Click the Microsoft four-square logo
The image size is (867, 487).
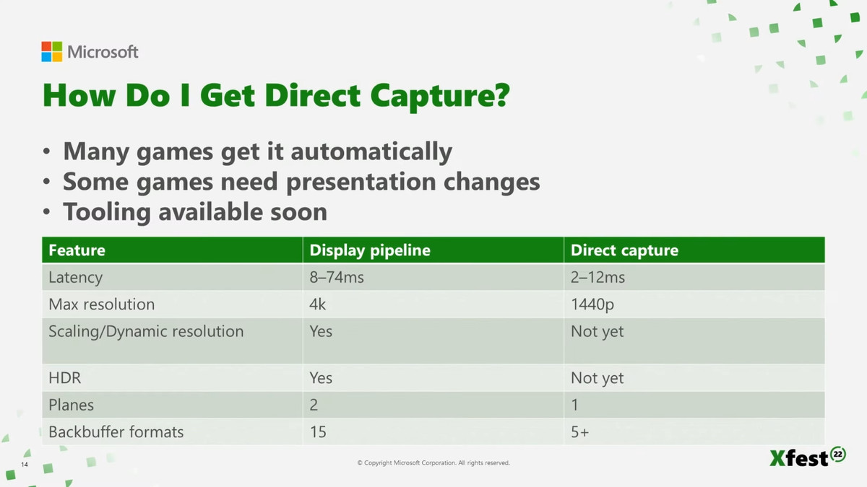51,51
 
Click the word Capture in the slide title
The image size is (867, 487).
440,96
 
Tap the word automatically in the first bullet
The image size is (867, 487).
371,152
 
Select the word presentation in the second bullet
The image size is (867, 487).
361,182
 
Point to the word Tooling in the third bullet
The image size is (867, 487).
107,213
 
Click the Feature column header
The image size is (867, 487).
77,250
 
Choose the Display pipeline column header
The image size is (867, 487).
370,250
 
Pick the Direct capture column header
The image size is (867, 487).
625,250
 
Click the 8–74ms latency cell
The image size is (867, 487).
337,277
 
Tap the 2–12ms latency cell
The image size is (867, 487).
598,277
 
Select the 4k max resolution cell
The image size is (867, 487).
317,304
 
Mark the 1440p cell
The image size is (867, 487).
592,304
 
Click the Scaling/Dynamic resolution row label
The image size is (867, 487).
146,332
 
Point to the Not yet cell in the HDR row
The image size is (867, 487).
598,378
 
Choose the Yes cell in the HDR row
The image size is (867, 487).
321,377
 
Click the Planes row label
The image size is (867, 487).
72,405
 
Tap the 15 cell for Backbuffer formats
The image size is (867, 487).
318,431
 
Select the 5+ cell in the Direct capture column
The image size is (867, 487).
579,431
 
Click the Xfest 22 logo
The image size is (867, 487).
808,457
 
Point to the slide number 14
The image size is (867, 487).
25,464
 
